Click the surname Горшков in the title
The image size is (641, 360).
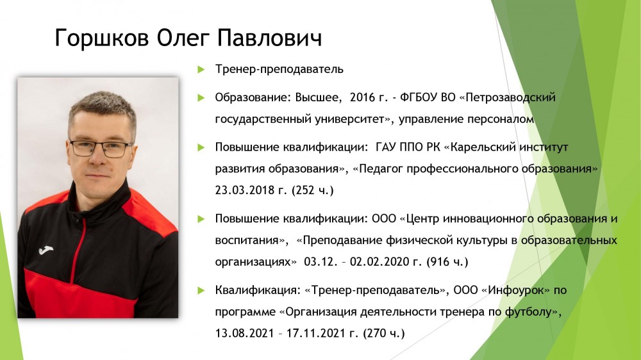click(x=102, y=38)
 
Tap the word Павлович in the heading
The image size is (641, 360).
click(x=269, y=38)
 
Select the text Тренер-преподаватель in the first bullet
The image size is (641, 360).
click(x=279, y=69)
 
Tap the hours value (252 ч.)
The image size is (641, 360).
click(x=313, y=190)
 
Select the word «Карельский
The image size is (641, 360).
click(x=480, y=147)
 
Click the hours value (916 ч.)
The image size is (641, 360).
click(x=447, y=261)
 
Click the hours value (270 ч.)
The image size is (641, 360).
click(x=384, y=333)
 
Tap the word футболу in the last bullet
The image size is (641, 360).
click(x=529, y=312)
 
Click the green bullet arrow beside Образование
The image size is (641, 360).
click(x=201, y=97)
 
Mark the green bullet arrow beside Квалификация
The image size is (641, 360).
click(x=201, y=291)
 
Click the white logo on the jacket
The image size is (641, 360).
click(x=46, y=249)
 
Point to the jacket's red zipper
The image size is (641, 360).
click(x=78, y=249)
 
